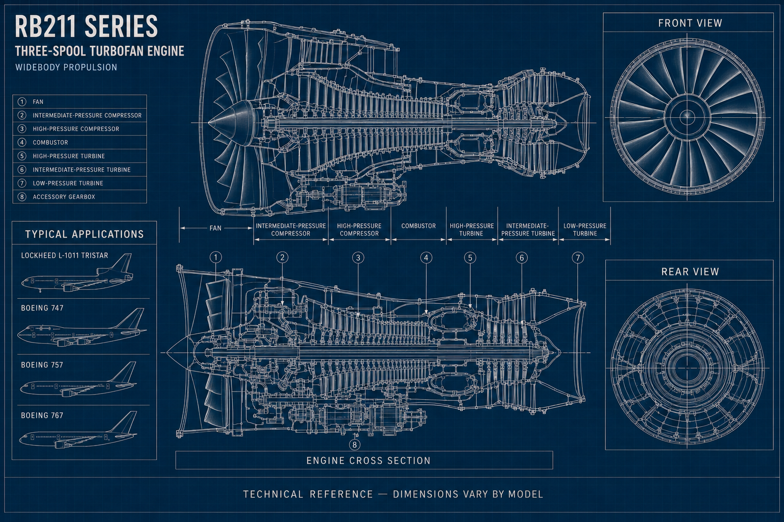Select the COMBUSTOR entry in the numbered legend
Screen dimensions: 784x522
51,142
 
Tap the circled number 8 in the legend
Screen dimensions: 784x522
22,197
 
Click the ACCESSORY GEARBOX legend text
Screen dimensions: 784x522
64,197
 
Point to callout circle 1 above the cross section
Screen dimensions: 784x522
215,257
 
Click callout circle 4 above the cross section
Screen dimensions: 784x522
426,258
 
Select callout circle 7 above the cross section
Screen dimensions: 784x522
578,258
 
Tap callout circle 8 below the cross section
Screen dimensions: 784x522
355,445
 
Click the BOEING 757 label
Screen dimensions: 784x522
42,365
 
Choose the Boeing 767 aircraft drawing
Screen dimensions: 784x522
78,431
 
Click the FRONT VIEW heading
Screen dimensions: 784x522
690,23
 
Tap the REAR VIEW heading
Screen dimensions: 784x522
690,272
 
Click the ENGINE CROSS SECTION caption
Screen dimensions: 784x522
369,460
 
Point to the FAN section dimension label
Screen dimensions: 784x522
215,228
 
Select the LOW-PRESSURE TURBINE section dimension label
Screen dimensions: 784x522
585,230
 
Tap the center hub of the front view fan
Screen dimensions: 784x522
687,116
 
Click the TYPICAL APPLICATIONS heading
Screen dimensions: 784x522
84,234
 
